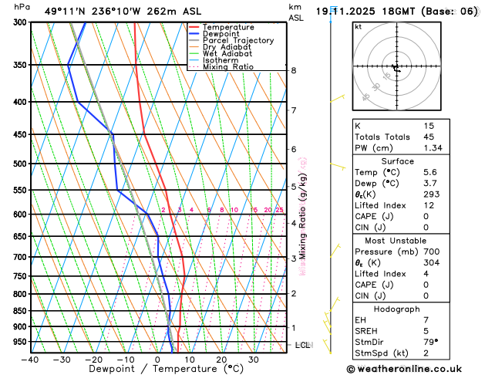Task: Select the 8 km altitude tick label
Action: [x=294, y=70]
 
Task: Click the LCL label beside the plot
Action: [x=302, y=345]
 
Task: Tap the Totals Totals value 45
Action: [x=429, y=137]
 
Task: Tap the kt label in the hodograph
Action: [x=358, y=26]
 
